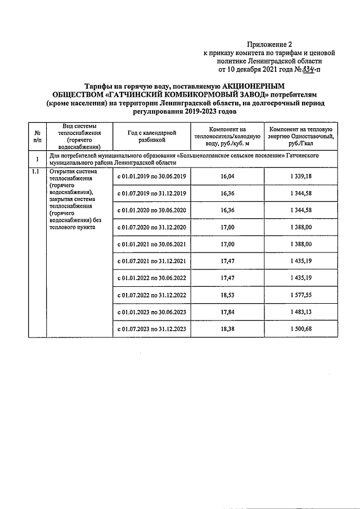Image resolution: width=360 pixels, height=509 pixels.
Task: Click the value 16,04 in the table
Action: pos(227,176)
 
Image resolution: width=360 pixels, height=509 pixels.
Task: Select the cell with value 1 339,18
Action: pos(299,176)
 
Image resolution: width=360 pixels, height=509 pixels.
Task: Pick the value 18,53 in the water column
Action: pos(227,294)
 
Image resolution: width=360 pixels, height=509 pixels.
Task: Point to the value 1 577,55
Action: pos(299,294)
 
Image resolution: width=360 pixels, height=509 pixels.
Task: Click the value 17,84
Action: pos(227,311)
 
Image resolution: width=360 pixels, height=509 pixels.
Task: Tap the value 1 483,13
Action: pos(299,311)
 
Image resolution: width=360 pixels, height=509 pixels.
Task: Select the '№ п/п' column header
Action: pos(37,136)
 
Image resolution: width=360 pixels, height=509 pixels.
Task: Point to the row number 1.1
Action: pos(37,172)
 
